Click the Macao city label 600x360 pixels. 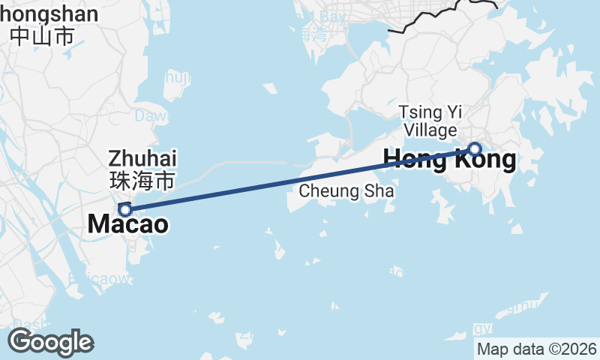[127, 223]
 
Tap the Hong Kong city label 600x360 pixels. [449, 159]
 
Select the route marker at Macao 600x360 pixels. [125, 209]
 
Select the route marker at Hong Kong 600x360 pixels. [474, 148]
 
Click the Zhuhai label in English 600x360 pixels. [142, 158]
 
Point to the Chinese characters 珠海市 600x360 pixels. [142, 180]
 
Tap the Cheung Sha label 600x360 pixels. [346, 191]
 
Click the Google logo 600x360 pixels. [50, 342]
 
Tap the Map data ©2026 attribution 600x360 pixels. [537, 349]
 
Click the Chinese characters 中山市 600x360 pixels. [43, 35]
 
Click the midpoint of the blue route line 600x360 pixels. [300, 179]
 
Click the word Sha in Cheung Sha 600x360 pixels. [379, 191]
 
